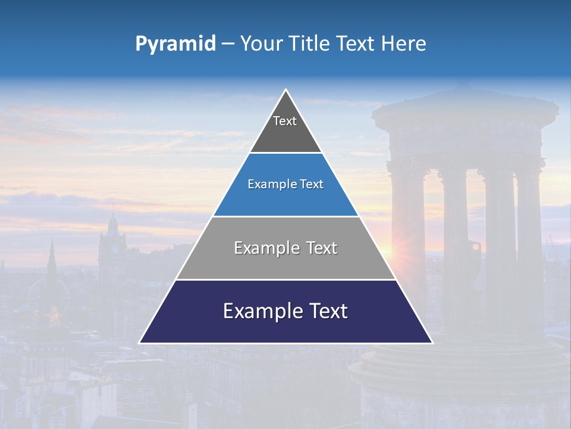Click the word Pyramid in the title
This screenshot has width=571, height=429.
[x=175, y=44]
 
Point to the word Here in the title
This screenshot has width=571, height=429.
[x=404, y=44]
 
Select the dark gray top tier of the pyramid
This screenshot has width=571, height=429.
[x=285, y=134]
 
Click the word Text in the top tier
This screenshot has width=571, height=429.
[x=285, y=121]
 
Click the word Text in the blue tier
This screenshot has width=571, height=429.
[x=311, y=185]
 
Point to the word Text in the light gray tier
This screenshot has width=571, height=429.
[x=321, y=248]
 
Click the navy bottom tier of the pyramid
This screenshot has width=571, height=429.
[x=285, y=328]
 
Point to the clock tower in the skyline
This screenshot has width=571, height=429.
[x=112, y=244]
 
